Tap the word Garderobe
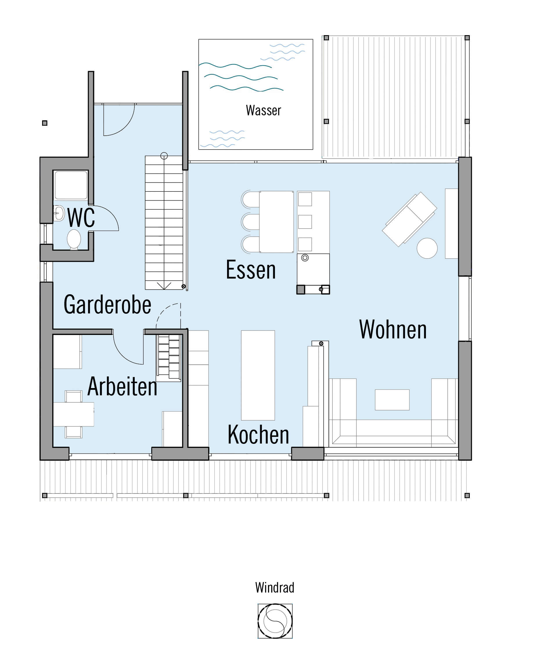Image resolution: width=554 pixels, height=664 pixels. click(x=107, y=304)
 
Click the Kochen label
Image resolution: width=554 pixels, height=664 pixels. click(x=258, y=435)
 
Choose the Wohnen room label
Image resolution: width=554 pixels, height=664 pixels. click(x=393, y=329)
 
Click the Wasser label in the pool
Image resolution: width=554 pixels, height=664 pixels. click(x=263, y=110)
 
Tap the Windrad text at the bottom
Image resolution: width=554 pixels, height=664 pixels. click(x=275, y=588)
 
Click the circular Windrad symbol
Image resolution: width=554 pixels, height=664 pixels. click(x=275, y=621)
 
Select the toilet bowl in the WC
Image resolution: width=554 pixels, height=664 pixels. click(x=74, y=239)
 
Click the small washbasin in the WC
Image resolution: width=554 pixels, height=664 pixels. click(x=59, y=213)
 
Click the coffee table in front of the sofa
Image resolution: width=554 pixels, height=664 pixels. click(x=392, y=400)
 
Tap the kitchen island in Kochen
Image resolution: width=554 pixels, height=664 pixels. click(x=258, y=375)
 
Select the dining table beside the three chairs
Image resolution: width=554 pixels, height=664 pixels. click(x=276, y=222)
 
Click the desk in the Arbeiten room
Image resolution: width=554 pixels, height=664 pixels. click(x=74, y=414)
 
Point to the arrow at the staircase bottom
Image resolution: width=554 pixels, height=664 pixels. click(x=164, y=286)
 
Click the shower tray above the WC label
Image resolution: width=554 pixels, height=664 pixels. click(x=71, y=185)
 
